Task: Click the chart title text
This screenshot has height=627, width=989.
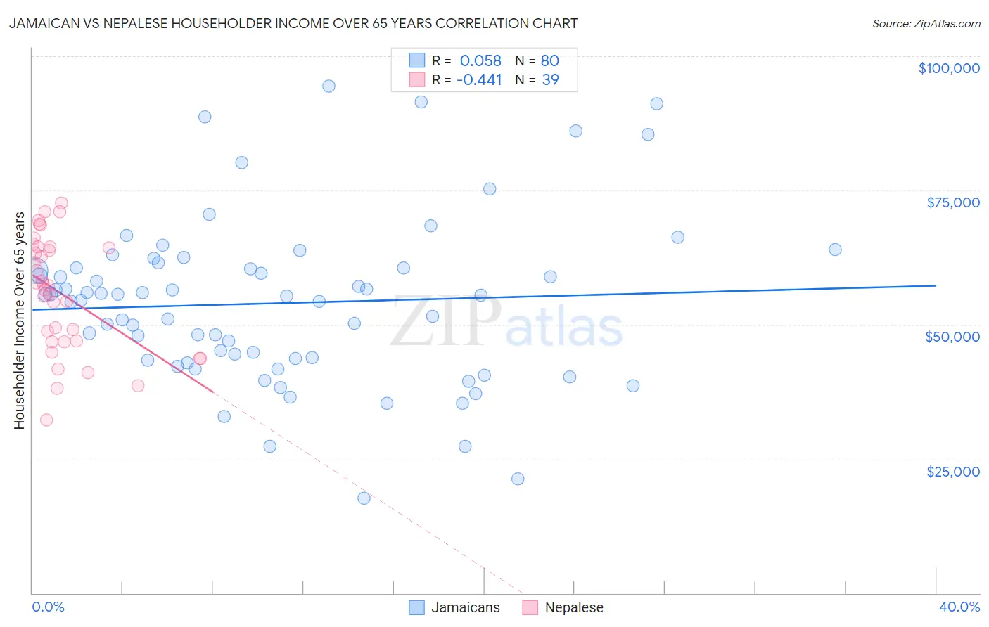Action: (293, 23)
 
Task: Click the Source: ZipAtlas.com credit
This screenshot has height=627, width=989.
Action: (926, 24)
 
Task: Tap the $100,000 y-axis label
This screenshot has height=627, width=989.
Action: (949, 68)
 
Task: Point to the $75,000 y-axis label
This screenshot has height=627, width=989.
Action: (953, 202)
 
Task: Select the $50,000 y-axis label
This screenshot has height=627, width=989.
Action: (952, 337)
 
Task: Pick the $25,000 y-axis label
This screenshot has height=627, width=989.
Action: (953, 472)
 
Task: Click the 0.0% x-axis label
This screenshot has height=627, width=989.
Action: (49, 607)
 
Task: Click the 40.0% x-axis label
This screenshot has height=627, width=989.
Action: (959, 607)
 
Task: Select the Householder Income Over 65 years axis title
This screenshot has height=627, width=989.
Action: (20, 321)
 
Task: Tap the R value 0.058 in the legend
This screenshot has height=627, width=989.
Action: (480, 60)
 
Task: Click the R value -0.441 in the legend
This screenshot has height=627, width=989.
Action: (479, 79)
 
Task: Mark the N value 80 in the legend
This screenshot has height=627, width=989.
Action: (550, 60)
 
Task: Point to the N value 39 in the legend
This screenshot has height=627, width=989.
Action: (550, 79)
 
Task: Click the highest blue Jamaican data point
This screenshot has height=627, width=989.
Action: (328, 86)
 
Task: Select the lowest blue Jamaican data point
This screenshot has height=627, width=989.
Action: (364, 498)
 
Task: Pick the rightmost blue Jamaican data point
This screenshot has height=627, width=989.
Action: (835, 250)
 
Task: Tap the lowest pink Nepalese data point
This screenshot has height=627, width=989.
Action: (46, 420)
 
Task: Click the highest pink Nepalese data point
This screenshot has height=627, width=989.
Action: (61, 203)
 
